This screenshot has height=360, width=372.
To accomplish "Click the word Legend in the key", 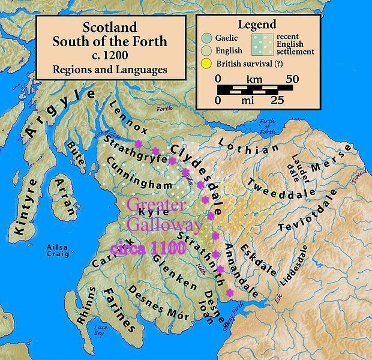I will coord(256,25).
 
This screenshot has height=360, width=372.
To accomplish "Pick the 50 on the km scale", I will coord(292,79).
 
